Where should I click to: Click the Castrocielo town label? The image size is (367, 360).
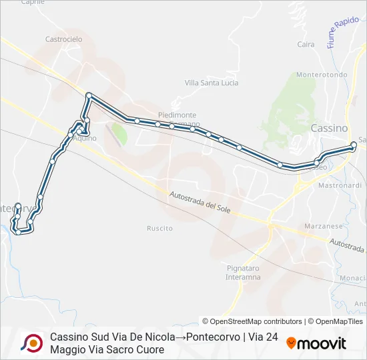point(63,39)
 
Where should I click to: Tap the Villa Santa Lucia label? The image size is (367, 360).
point(212,83)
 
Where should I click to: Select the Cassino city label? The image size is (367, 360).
point(330,127)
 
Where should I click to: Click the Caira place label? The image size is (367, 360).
point(306,45)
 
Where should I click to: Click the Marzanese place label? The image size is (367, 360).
point(323,226)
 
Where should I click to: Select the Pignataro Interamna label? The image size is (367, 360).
point(243,272)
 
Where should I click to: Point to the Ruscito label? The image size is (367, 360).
point(159,228)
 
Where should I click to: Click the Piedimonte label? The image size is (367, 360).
point(177,115)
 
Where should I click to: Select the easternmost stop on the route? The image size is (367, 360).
point(354,145)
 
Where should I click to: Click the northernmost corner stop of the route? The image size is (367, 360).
point(88,95)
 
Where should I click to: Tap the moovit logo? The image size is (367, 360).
point(316,343)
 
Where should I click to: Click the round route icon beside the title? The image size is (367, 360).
point(31,343)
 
